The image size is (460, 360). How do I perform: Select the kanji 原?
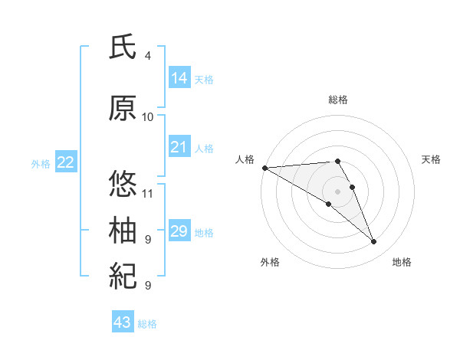(x=123, y=110)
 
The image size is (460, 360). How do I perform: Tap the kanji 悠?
(x=123, y=184)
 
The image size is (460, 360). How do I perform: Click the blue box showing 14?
(x=179, y=78)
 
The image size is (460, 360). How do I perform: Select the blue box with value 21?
(x=179, y=147)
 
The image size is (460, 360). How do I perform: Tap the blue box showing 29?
(x=179, y=231)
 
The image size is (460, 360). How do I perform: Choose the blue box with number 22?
(x=65, y=162)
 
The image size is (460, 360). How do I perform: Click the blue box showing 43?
(x=122, y=322)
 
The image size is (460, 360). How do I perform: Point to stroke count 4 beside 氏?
(x=148, y=56)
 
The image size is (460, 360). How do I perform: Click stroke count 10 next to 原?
(x=148, y=117)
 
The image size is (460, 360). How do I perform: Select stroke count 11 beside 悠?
(x=148, y=192)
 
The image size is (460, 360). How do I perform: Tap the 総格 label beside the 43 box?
(x=147, y=324)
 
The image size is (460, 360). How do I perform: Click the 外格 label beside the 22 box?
(x=41, y=164)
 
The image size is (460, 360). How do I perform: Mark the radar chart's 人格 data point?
(x=264, y=167)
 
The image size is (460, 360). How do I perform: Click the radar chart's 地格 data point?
(x=374, y=242)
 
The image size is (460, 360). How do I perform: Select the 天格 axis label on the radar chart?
(x=432, y=159)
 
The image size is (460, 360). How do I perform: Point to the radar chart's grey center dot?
(x=337, y=191)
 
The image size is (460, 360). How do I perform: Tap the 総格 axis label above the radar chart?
(x=338, y=100)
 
